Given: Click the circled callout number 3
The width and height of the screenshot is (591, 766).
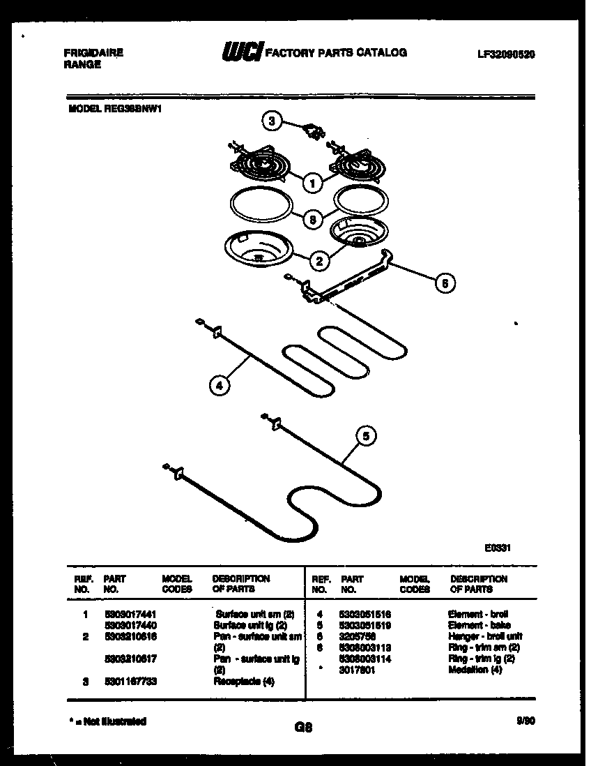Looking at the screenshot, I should coord(273,121).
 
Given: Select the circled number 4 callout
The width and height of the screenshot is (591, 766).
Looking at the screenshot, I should coord(219,384).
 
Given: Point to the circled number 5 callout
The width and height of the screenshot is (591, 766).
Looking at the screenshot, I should coord(367,435).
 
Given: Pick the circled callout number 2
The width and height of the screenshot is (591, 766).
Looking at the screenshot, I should coord(319,262).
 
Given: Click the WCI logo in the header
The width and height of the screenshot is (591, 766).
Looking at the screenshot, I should coord(242,52).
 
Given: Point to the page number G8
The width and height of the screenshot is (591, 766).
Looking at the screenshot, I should coord(302,728).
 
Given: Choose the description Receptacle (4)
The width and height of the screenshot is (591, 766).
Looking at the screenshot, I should coord(244,682).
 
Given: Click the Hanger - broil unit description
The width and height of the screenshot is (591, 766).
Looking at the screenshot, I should coord(485,636).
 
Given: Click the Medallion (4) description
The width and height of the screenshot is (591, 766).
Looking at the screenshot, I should coord(475,670).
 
